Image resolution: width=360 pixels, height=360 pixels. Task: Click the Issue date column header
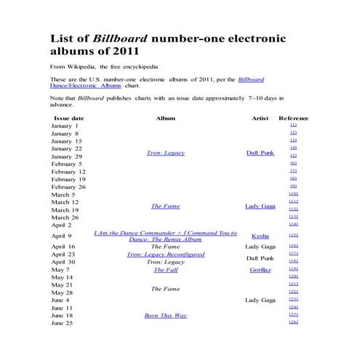pyautogui.click(x=68, y=117)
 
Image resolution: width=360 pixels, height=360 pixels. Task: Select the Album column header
pyautogui.click(x=165, y=117)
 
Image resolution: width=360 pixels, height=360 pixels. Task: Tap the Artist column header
pyautogui.click(x=260, y=117)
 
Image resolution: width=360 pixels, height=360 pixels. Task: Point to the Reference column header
pyautogui.click(x=293, y=117)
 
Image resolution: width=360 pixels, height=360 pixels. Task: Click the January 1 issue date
pyautogui.click(x=65, y=126)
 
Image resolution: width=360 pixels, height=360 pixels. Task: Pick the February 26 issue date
pyautogui.click(x=68, y=187)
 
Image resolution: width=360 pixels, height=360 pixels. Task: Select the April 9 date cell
pyautogui.click(x=62, y=236)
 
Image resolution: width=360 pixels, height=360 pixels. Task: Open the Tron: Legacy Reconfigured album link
pyautogui.click(x=165, y=255)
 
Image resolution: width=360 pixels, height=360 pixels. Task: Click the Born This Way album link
pyautogui.click(x=165, y=315)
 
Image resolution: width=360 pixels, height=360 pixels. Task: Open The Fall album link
pyautogui.click(x=165, y=269)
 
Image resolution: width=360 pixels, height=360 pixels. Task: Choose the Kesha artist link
pyautogui.click(x=260, y=236)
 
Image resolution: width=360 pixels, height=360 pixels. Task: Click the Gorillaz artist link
pyautogui.click(x=260, y=269)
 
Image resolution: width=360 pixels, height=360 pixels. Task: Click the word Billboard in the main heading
pyautogui.click(x=120, y=39)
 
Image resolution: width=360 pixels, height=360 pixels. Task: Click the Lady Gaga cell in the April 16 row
pyautogui.click(x=260, y=247)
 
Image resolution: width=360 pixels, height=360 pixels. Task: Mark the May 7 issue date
pyautogui.click(x=61, y=269)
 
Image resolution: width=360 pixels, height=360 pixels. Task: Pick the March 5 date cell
pyautogui.click(x=63, y=194)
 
